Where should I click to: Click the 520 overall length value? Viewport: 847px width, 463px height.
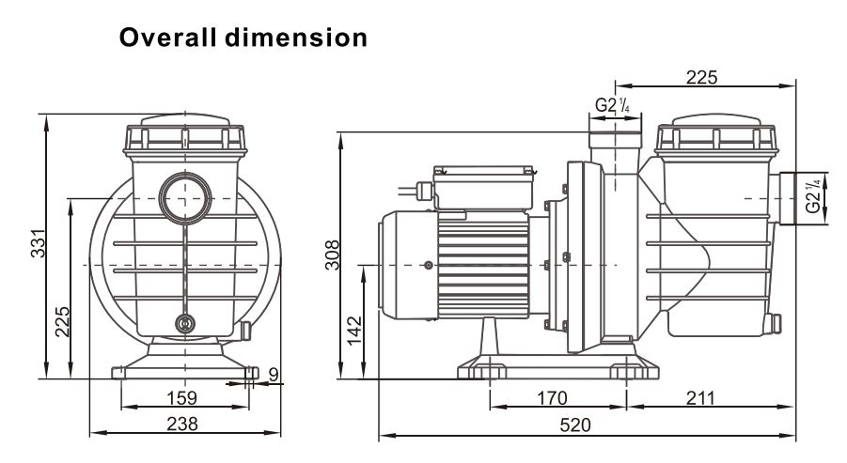point(574,425)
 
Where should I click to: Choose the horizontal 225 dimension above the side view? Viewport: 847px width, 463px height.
point(699,78)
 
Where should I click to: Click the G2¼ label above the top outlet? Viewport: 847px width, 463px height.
point(612,105)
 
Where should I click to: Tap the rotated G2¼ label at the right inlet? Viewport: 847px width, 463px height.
point(812,198)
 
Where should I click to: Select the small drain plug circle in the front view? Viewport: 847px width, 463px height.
point(185,324)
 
